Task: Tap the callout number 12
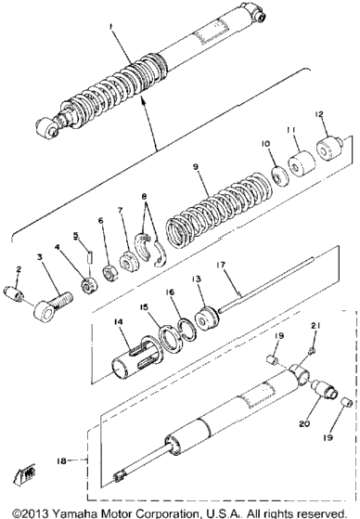[x=319, y=115]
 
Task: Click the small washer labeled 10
[x=280, y=176]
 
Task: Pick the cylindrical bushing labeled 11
[x=302, y=163]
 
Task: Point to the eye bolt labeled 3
[x=53, y=305]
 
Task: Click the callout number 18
[x=61, y=461]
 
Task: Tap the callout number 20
[x=304, y=423]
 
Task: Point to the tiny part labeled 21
[x=312, y=351]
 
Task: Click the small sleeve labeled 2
[x=14, y=294]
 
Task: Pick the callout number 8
[x=144, y=197]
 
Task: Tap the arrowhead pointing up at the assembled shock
[x=143, y=98]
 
